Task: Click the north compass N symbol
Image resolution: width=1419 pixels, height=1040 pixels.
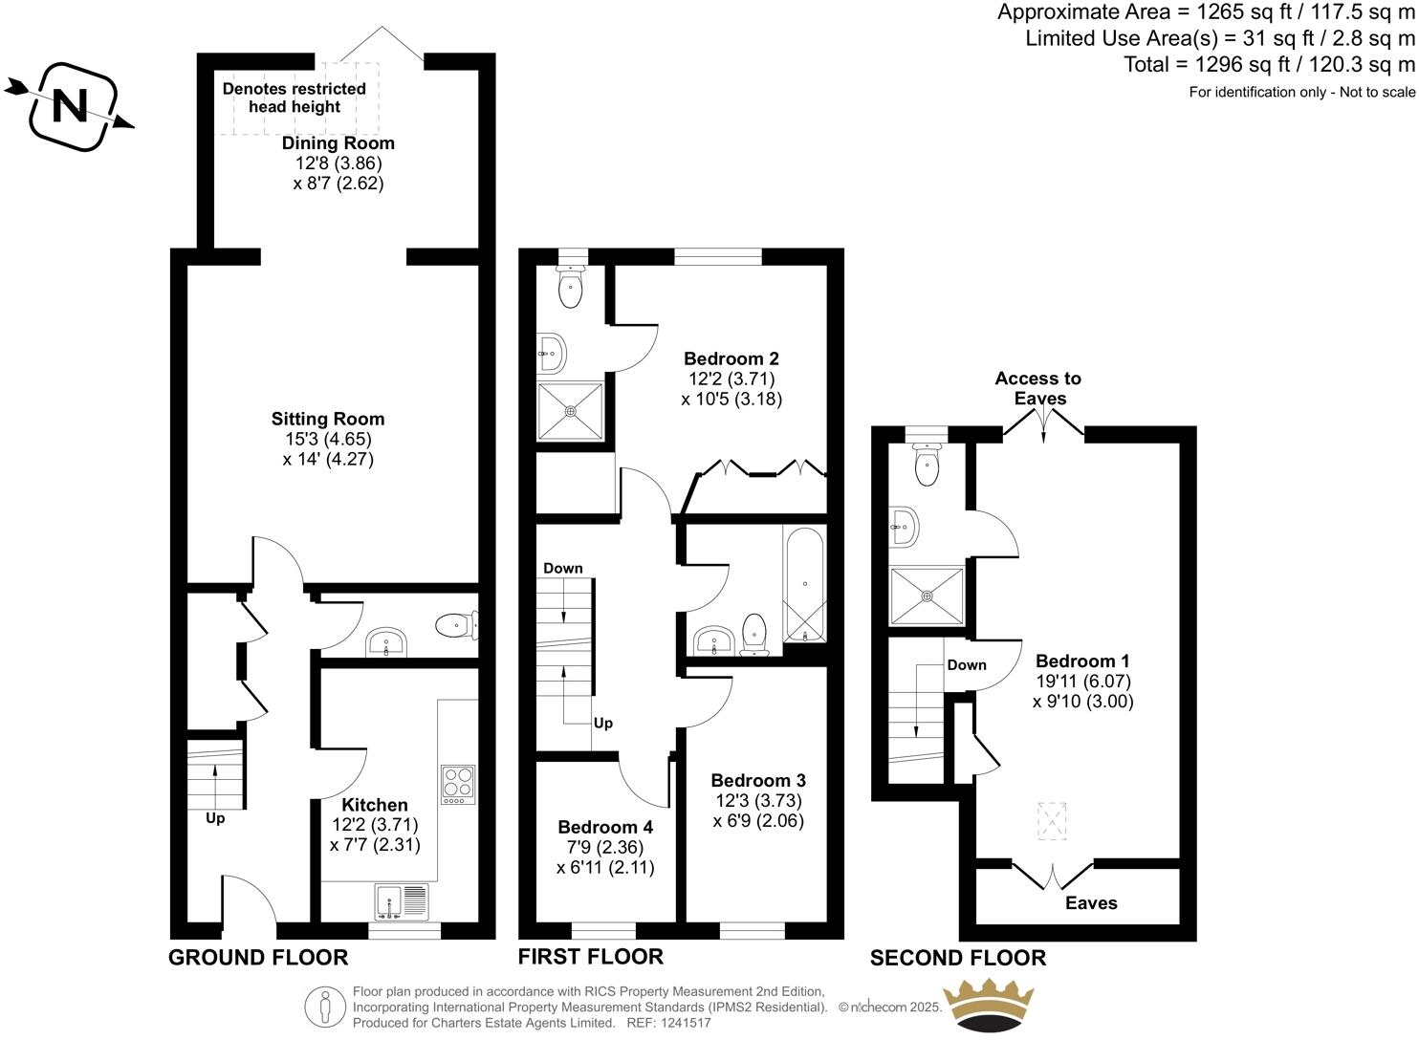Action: pyautogui.click(x=69, y=105)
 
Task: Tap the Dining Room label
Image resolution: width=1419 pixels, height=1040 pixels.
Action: pyautogui.click(x=338, y=143)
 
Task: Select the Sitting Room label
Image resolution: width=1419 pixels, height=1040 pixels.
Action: pyautogui.click(x=328, y=419)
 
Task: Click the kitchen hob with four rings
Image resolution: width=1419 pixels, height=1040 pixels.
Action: pyautogui.click(x=457, y=784)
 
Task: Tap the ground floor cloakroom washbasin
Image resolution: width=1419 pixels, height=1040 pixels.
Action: pyautogui.click(x=386, y=642)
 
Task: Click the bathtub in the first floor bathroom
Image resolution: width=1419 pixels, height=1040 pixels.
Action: pyautogui.click(x=804, y=584)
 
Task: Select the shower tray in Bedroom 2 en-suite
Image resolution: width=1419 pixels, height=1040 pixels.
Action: pyautogui.click(x=571, y=412)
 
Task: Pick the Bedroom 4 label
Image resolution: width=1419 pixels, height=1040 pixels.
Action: pyautogui.click(x=605, y=827)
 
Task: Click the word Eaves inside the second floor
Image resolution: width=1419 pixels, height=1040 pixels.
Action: pyautogui.click(x=1091, y=903)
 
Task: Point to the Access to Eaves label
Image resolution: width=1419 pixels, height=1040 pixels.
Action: pyautogui.click(x=1038, y=388)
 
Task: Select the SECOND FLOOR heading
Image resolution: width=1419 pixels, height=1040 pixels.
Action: pyautogui.click(x=957, y=958)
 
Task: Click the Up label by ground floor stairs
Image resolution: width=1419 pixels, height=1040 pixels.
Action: pyautogui.click(x=215, y=818)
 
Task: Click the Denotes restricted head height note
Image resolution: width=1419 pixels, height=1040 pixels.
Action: pyautogui.click(x=295, y=97)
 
